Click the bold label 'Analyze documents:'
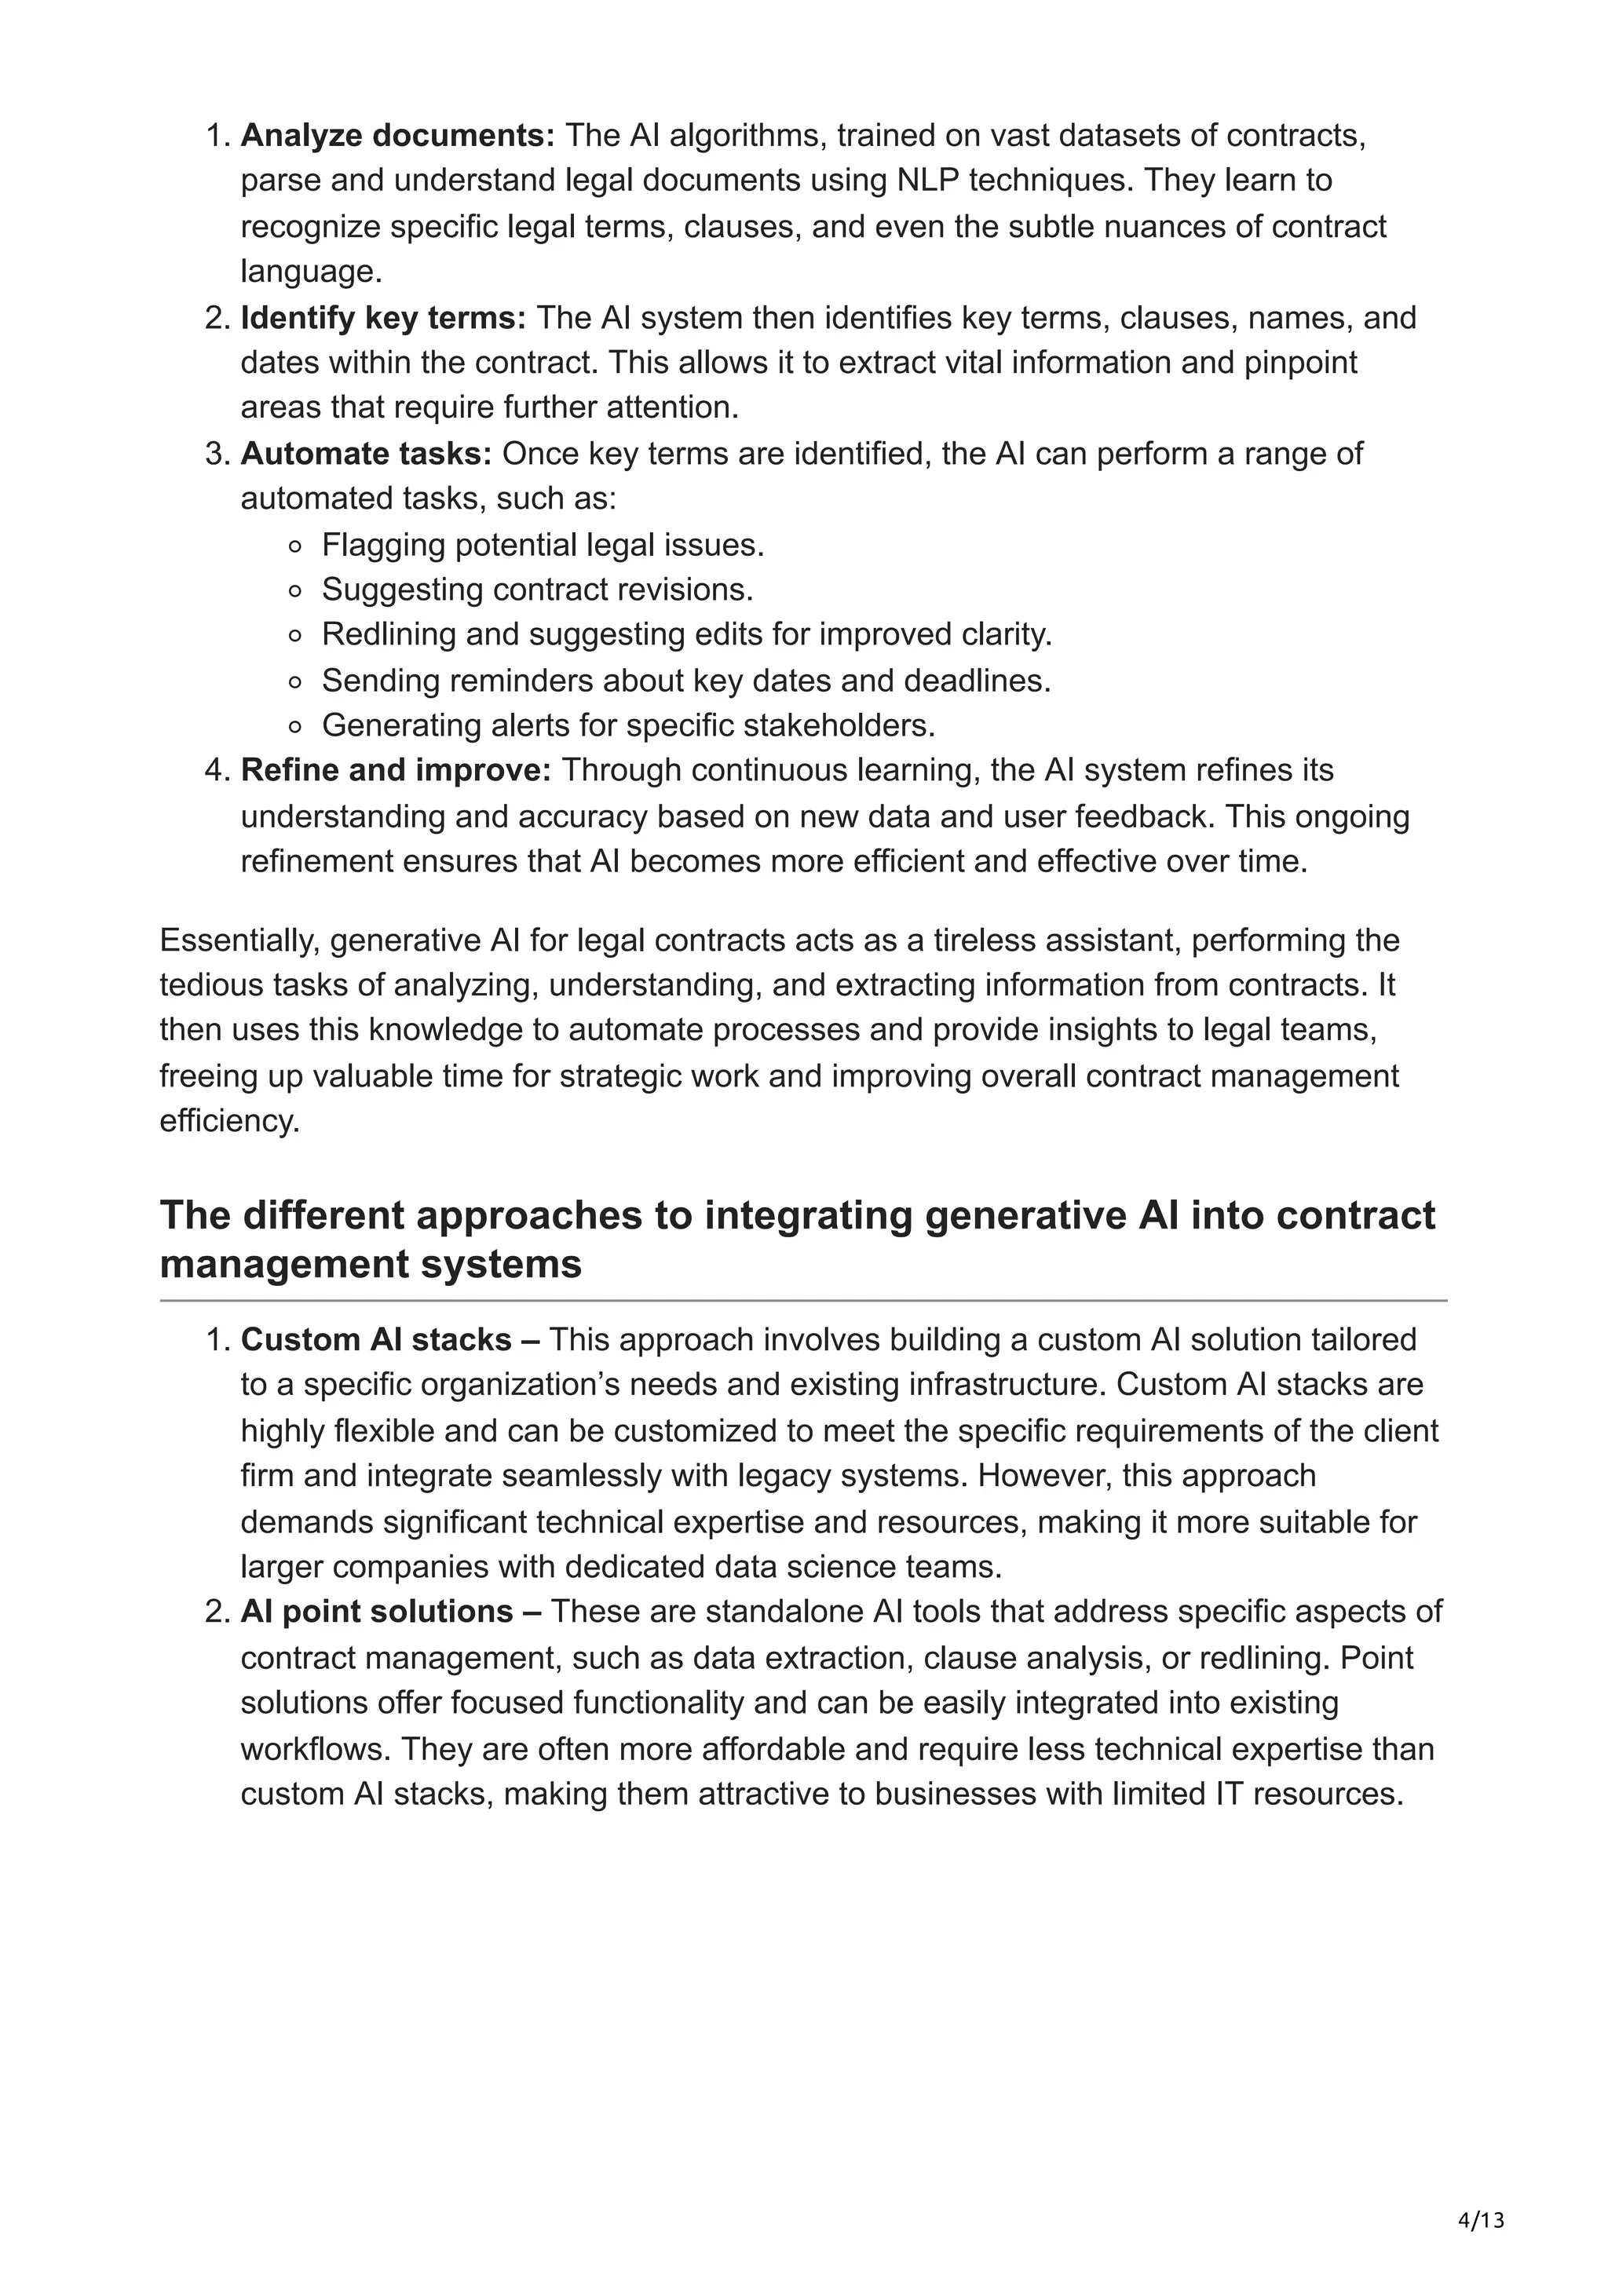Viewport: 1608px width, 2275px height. click(397, 136)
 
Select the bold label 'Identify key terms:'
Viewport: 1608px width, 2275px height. click(383, 318)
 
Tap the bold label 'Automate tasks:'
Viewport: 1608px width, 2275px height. click(366, 454)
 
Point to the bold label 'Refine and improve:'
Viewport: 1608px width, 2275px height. click(395, 770)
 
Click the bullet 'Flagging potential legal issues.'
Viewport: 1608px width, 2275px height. click(542, 545)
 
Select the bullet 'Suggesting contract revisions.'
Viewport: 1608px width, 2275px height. click(537, 590)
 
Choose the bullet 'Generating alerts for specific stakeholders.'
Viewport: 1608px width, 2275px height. click(628, 725)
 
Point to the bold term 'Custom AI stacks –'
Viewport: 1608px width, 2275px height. click(390, 1339)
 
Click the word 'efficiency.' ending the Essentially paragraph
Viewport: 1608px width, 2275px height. click(228, 1121)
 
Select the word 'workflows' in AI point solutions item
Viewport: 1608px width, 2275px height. click(316, 1748)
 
